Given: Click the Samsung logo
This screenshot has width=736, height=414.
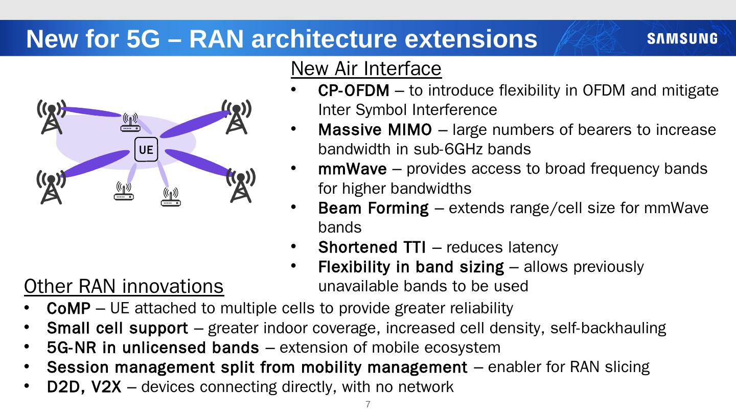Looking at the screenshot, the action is coord(682,39).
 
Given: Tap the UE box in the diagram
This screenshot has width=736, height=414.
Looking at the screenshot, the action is coord(146,150).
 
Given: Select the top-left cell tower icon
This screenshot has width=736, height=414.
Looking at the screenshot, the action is coord(51,117).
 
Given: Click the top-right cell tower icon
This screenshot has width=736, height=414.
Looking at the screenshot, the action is coord(236,117).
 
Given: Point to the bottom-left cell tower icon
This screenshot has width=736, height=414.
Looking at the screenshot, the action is coord(50,187).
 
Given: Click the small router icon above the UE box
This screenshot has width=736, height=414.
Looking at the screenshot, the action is coord(130,123).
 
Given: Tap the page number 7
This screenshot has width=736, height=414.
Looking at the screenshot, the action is coord(368,405).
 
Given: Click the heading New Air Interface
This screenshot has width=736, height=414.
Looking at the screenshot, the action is coord(366,68).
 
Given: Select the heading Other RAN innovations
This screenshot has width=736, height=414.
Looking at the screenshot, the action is coord(124,286).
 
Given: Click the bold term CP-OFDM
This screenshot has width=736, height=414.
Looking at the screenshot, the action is coord(353,91).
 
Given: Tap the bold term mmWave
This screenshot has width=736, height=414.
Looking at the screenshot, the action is coord(352,169).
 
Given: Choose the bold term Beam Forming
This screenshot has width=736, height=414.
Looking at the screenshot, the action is coord(373,208).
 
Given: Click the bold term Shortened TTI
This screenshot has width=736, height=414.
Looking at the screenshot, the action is coord(372,247).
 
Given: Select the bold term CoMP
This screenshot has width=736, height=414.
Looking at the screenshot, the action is coord(68,308).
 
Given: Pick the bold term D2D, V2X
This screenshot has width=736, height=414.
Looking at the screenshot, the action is coord(84,387).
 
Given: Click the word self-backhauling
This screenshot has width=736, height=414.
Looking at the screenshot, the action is coord(608,328).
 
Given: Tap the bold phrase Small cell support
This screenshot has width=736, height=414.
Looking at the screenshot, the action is coord(117,328).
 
